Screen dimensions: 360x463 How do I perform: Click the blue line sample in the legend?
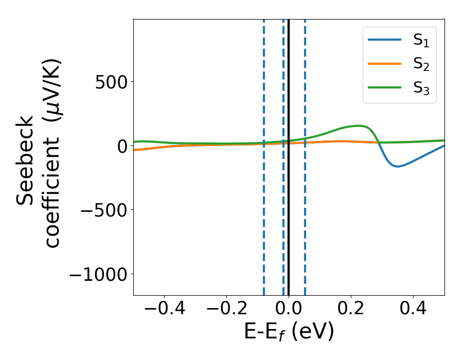click(385, 41)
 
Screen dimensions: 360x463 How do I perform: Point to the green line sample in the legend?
click(385, 87)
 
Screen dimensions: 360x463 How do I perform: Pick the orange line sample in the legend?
click(385, 64)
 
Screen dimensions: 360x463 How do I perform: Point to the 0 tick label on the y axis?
click(121, 146)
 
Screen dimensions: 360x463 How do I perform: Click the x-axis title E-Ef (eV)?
click(289, 332)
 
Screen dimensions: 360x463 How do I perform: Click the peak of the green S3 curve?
click(360, 125)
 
